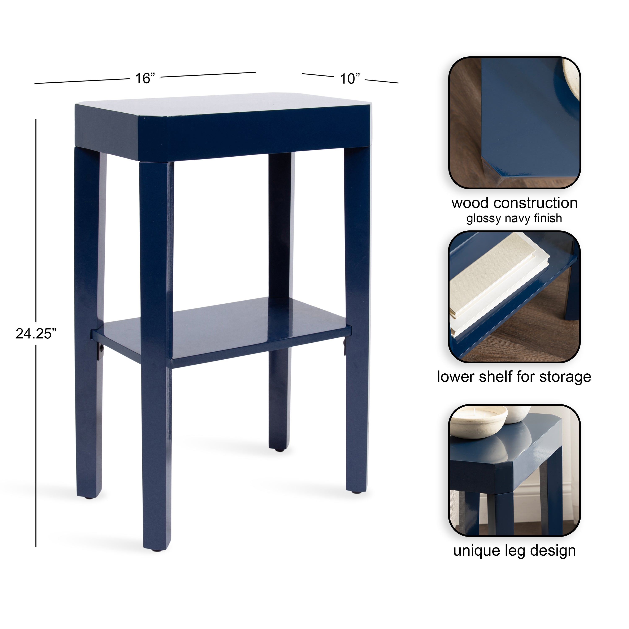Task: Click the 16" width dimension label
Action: (x=145, y=78)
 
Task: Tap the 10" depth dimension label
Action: (x=350, y=79)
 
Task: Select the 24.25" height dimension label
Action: (x=36, y=334)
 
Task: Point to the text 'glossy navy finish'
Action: (x=514, y=218)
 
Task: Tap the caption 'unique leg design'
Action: (x=514, y=551)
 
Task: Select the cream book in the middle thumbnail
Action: (x=498, y=283)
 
